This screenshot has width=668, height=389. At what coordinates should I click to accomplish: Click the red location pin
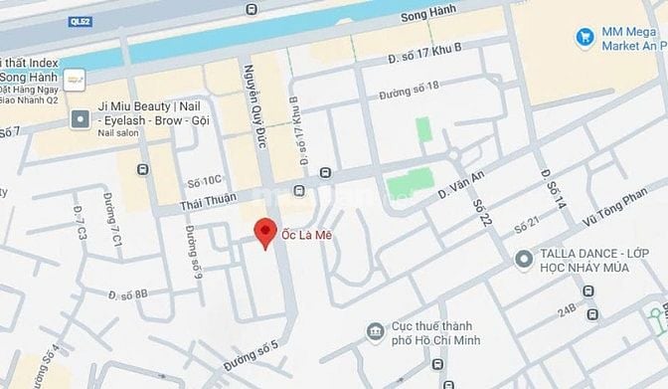coord(264,231)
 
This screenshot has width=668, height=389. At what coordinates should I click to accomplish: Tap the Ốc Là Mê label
coord(308,228)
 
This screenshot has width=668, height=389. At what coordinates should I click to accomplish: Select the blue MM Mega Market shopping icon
coord(585,38)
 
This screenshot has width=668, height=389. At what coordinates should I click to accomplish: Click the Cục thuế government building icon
coord(375,330)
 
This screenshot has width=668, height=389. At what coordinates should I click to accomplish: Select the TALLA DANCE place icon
coord(524,259)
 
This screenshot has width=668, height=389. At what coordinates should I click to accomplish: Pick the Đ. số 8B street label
coord(127,293)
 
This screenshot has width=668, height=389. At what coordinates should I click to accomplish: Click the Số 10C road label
coord(204,181)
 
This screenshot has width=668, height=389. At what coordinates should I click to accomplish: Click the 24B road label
coord(568,309)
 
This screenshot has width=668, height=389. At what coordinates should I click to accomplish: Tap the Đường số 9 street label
coord(193,251)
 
